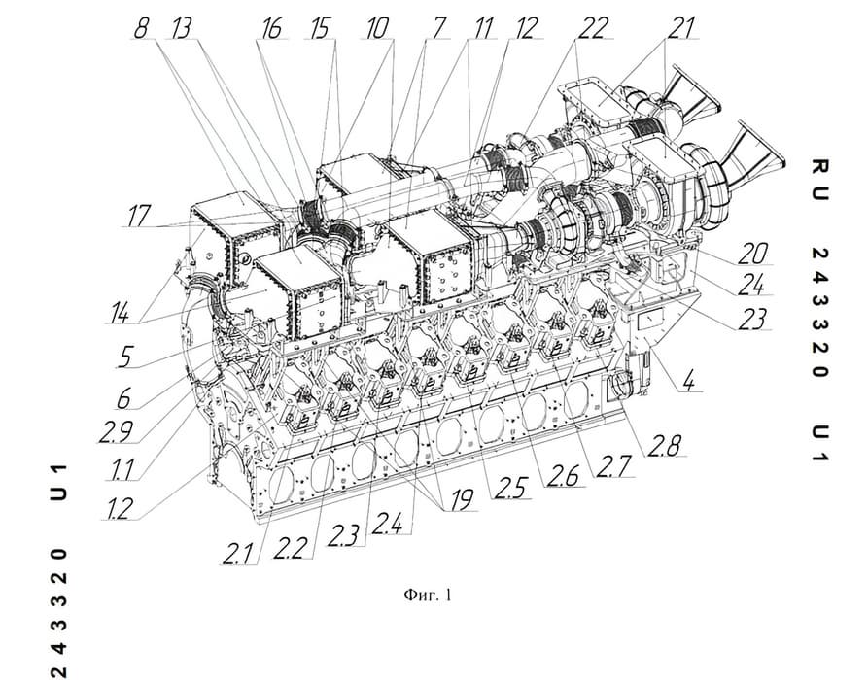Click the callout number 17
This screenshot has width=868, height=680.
[x=138, y=215]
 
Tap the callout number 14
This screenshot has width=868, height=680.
[x=119, y=313]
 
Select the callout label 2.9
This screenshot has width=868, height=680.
[x=116, y=431]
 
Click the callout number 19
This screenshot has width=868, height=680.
[x=462, y=500]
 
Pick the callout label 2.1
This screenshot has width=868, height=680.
[x=237, y=555]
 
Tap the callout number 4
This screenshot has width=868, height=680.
[x=687, y=381]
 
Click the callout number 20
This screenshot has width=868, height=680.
[x=752, y=254]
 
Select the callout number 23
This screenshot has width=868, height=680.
[x=751, y=320]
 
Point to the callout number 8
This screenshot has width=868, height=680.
[x=142, y=27]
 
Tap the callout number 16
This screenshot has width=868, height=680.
[x=272, y=28]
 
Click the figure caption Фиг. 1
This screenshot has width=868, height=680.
[x=428, y=595]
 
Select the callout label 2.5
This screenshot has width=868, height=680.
[x=510, y=489]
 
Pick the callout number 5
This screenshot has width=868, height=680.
[x=125, y=357]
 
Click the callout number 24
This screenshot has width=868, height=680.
[x=751, y=286]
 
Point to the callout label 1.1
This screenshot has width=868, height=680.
[x=122, y=470]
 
